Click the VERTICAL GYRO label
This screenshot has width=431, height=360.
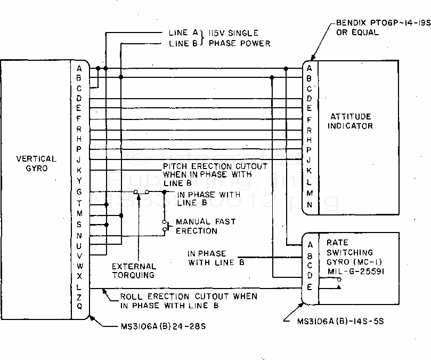(36, 163)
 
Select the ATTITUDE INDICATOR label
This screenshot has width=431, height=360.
(350, 121)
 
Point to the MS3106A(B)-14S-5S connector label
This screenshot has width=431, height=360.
(341, 321)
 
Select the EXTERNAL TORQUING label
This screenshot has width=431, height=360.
(134, 270)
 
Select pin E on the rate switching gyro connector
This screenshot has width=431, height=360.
(309, 287)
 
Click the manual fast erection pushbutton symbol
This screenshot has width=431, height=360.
(166, 227)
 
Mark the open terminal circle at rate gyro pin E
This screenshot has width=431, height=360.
(338, 287)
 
